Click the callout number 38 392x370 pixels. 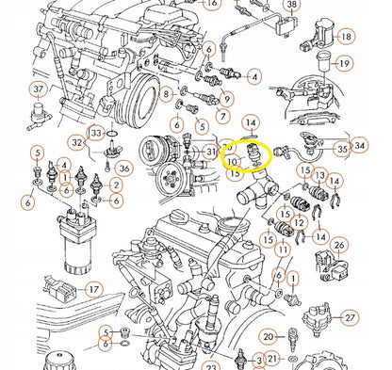point(292,5)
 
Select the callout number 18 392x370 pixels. point(346,37)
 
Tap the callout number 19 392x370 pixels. point(344,64)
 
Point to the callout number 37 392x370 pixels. point(39,89)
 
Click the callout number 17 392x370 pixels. point(94,289)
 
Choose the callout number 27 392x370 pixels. point(350,318)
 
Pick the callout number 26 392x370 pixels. point(339,245)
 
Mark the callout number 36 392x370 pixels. point(124,169)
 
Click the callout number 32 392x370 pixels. point(77,142)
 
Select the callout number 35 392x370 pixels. point(342,149)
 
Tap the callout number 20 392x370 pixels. point(269,337)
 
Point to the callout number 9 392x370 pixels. point(227,99)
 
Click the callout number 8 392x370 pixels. point(166,93)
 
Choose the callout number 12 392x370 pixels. point(299,223)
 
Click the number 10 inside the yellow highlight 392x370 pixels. point(232,162)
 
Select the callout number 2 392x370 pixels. point(116,185)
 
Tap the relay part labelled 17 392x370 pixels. point(61,288)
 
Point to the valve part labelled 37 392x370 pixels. point(40,116)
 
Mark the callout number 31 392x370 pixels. point(210,152)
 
